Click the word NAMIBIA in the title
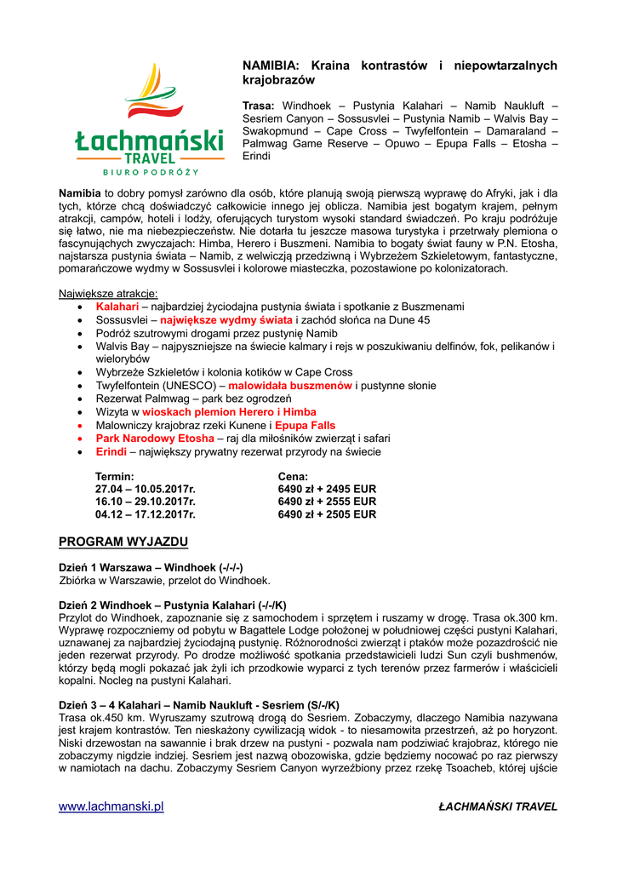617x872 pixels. click(271, 65)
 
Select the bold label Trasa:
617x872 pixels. click(259, 105)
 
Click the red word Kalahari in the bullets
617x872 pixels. click(117, 307)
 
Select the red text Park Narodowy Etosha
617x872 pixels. click(155, 439)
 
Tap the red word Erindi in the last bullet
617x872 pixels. click(111, 451)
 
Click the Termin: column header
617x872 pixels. click(114, 476)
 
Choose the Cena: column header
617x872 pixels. click(293, 476)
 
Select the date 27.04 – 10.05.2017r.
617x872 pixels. click(145, 489)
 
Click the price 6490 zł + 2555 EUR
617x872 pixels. click(327, 502)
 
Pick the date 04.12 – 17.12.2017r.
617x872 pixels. click(145, 514)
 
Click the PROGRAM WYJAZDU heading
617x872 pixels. click(123, 542)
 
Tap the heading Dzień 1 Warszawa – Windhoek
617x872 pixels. click(150, 567)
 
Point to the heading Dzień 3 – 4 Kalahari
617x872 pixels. click(198, 705)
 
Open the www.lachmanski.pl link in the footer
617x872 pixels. click(111, 806)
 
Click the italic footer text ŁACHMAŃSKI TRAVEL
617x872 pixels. click(498, 806)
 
